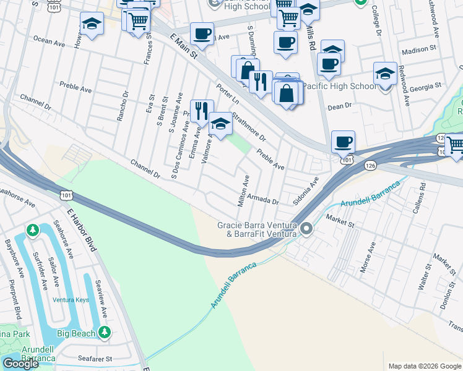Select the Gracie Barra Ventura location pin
coord(306,230)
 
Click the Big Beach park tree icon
coord(106,333)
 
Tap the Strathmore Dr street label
coord(249,126)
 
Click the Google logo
coord(20,364)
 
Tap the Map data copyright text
coord(424,366)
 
